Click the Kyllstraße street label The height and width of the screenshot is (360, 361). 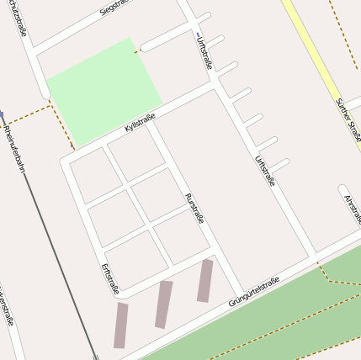(139, 122)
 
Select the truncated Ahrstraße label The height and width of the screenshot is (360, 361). (353, 210)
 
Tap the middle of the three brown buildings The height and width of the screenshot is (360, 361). (163, 304)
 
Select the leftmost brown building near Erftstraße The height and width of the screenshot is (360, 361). (121, 326)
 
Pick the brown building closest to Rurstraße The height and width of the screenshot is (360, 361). (204, 280)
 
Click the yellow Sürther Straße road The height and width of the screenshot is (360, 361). (313, 50)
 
